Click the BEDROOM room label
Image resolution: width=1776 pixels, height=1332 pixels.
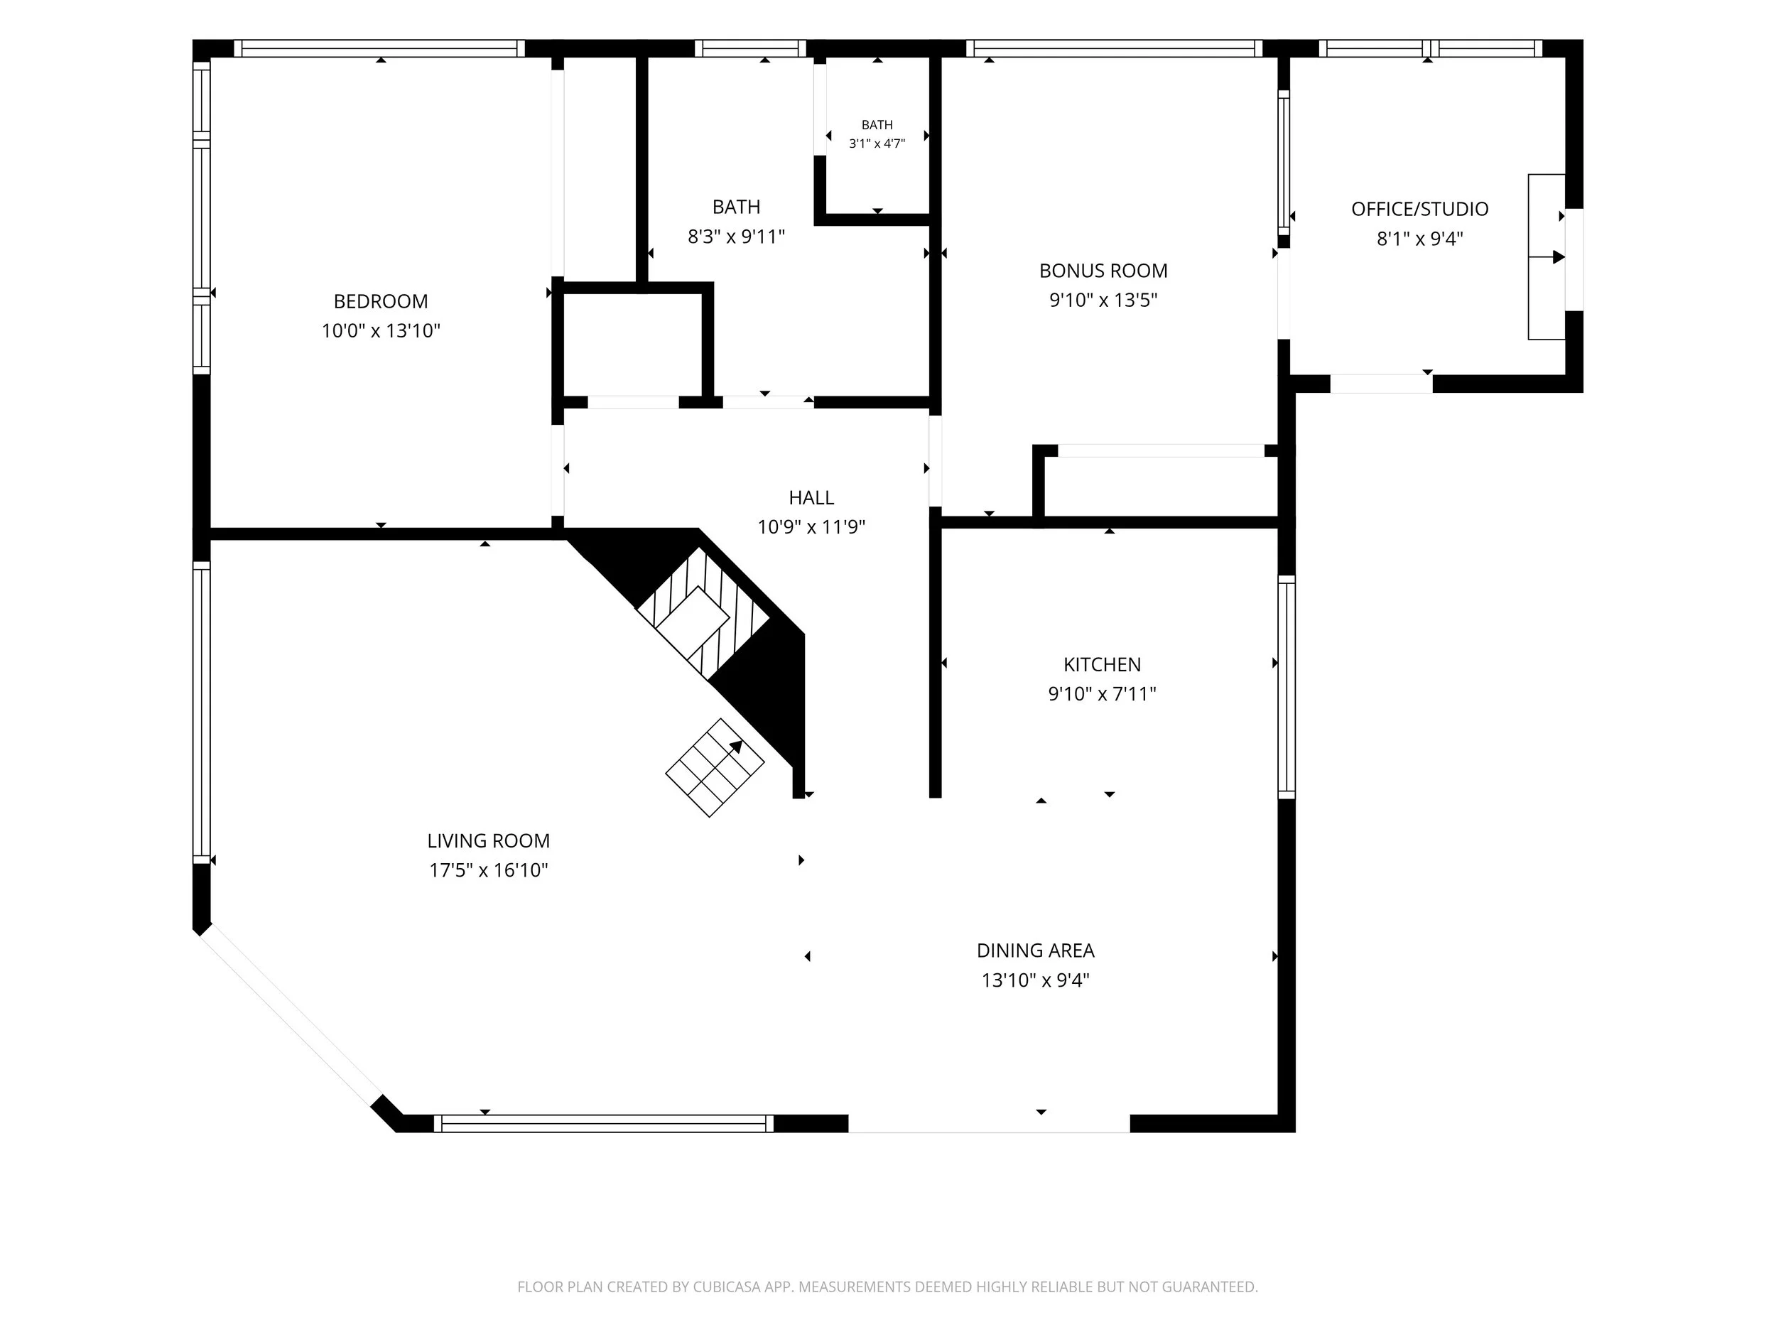[x=381, y=301]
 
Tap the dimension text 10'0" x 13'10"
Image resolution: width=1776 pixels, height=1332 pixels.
[x=381, y=331]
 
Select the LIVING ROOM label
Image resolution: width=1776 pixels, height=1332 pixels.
[x=488, y=840]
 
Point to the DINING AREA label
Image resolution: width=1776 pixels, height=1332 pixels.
[x=1035, y=951]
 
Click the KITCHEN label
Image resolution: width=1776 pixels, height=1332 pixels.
[x=1102, y=665]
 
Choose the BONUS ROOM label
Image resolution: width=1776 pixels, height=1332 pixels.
[x=1103, y=271]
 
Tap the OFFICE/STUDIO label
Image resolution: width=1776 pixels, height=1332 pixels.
[x=1419, y=210]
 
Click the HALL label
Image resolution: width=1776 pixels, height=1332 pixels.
[x=811, y=498]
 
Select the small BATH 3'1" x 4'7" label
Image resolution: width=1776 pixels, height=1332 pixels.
[x=877, y=134]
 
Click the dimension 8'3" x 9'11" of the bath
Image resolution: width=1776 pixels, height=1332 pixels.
[x=736, y=237]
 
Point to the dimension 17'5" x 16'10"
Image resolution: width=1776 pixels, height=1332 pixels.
[x=488, y=870]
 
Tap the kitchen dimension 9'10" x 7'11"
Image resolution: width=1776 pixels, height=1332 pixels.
[x=1102, y=693]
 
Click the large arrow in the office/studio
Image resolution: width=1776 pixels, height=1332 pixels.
[x=1547, y=258]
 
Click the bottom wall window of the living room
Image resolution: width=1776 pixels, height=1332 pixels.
[x=604, y=1123]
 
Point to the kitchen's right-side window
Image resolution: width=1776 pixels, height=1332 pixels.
[x=1287, y=687]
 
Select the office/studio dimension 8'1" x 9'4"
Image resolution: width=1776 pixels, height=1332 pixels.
[x=1419, y=239]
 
